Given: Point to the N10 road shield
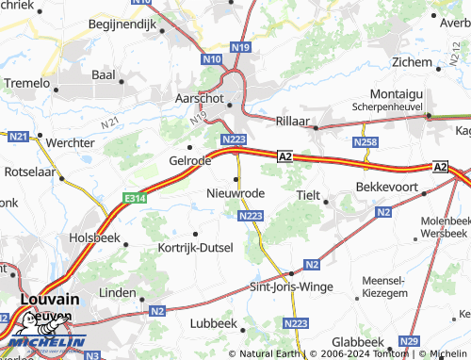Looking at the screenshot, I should tap(211, 58).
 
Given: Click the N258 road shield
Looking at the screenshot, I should tap(365, 141).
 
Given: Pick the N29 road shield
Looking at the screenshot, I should tap(409, 340).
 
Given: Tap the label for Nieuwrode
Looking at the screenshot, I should tap(235, 193).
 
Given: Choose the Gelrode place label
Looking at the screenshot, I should tap(189, 161).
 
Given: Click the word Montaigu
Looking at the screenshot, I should tap(397, 95).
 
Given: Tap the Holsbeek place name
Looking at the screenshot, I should tap(94, 238).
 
